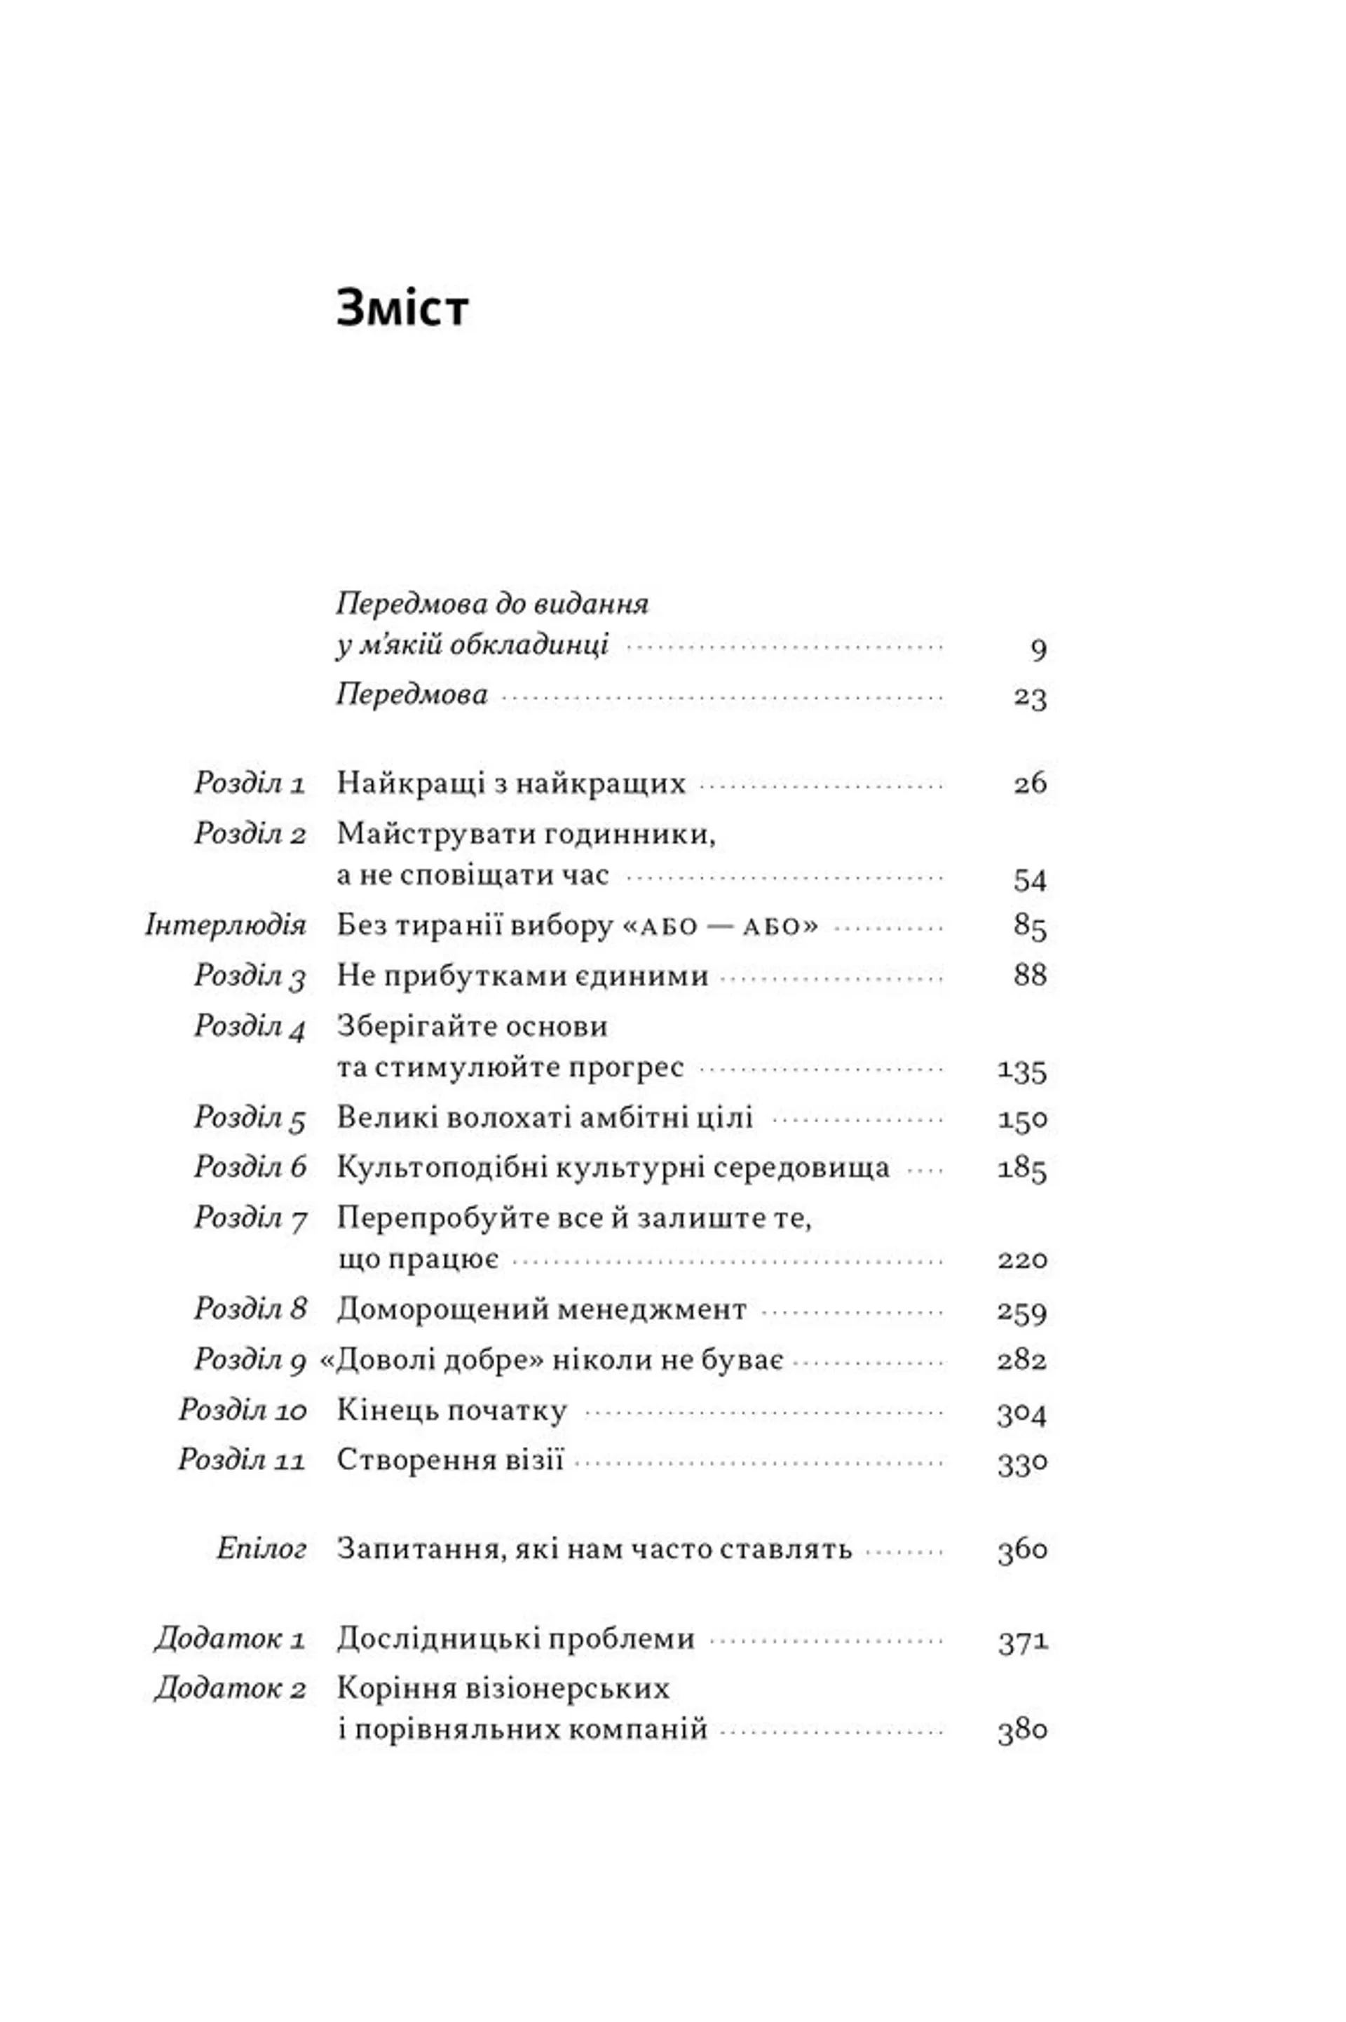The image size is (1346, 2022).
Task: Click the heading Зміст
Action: click(x=402, y=309)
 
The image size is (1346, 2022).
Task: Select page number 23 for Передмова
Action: click(x=1029, y=696)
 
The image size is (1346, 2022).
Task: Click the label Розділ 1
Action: click(x=250, y=783)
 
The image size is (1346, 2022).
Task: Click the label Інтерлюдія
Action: click(x=226, y=926)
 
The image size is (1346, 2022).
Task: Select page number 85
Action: click(x=1029, y=926)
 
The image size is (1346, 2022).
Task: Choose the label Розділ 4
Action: click(x=250, y=1026)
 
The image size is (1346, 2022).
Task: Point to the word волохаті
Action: click(x=490, y=1118)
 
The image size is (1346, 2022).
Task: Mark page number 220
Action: click(x=1021, y=1260)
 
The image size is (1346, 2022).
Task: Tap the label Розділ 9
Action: click(x=250, y=1359)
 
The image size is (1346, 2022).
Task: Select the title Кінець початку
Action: click(x=451, y=1410)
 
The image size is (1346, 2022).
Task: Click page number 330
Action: click(x=1021, y=1462)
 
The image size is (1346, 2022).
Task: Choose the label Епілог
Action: click(x=261, y=1549)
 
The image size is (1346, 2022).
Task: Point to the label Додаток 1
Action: click(x=230, y=1639)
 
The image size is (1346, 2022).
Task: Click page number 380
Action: click(x=1021, y=1730)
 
